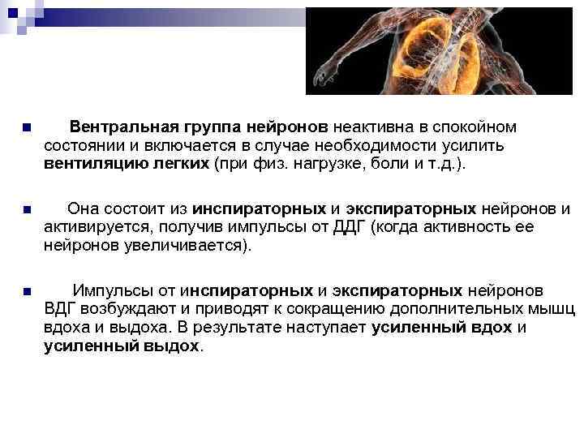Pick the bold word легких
[x=182, y=163]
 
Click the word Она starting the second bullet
[x=85, y=208]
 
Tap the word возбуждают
[x=131, y=308]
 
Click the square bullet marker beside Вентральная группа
[x=26, y=128]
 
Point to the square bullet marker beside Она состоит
[x=26, y=209]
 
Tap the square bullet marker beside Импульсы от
[x=26, y=291]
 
